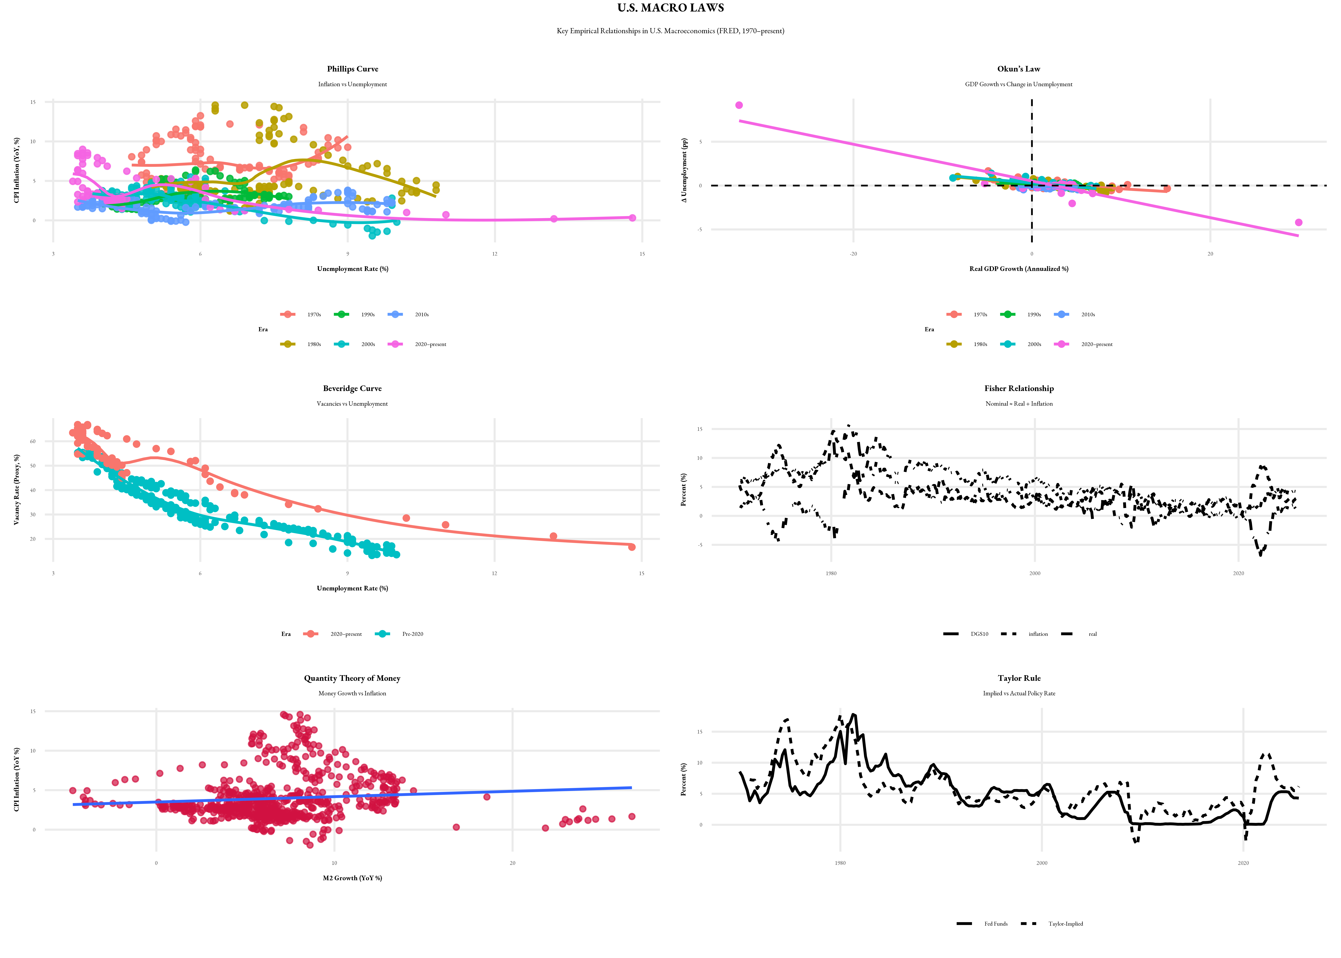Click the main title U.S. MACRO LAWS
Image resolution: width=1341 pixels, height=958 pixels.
click(670, 8)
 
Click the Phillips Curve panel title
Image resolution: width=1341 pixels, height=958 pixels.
click(353, 69)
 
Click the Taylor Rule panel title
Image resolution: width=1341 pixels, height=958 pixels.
click(1019, 678)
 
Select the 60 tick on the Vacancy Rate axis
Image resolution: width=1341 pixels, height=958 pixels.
click(33, 441)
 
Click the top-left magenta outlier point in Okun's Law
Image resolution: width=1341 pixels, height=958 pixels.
click(739, 105)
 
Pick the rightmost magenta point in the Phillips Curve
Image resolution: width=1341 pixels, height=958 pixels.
click(632, 218)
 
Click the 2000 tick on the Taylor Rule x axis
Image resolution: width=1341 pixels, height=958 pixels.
click(1041, 863)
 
